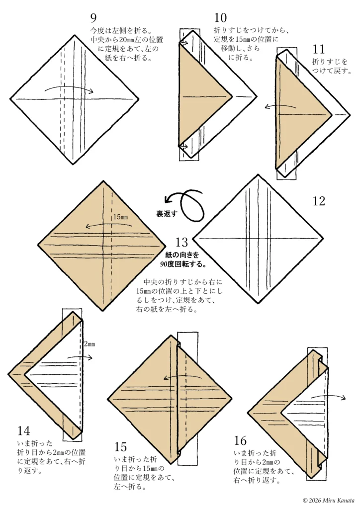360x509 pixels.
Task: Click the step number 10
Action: (x=220, y=18)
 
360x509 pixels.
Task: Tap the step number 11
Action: (x=318, y=49)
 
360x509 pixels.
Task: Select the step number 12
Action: (x=319, y=201)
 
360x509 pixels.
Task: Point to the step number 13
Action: (x=182, y=242)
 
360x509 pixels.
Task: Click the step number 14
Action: (x=24, y=431)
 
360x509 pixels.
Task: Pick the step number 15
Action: (x=120, y=447)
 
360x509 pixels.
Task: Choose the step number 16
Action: (x=240, y=440)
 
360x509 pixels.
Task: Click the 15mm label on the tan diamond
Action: (x=120, y=217)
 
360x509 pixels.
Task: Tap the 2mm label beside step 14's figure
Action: (x=90, y=344)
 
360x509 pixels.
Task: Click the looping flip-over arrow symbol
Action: (x=186, y=204)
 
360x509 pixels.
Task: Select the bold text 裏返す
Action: (x=167, y=214)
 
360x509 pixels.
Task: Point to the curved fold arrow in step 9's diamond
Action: (x=69, y=88)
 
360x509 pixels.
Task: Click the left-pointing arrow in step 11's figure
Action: (x=280, y=106)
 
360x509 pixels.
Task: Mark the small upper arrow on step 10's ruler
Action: (x=184, y=43)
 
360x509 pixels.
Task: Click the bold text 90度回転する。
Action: (x=183, y=264)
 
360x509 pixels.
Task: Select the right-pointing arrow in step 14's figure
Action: (x=80, y=357)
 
